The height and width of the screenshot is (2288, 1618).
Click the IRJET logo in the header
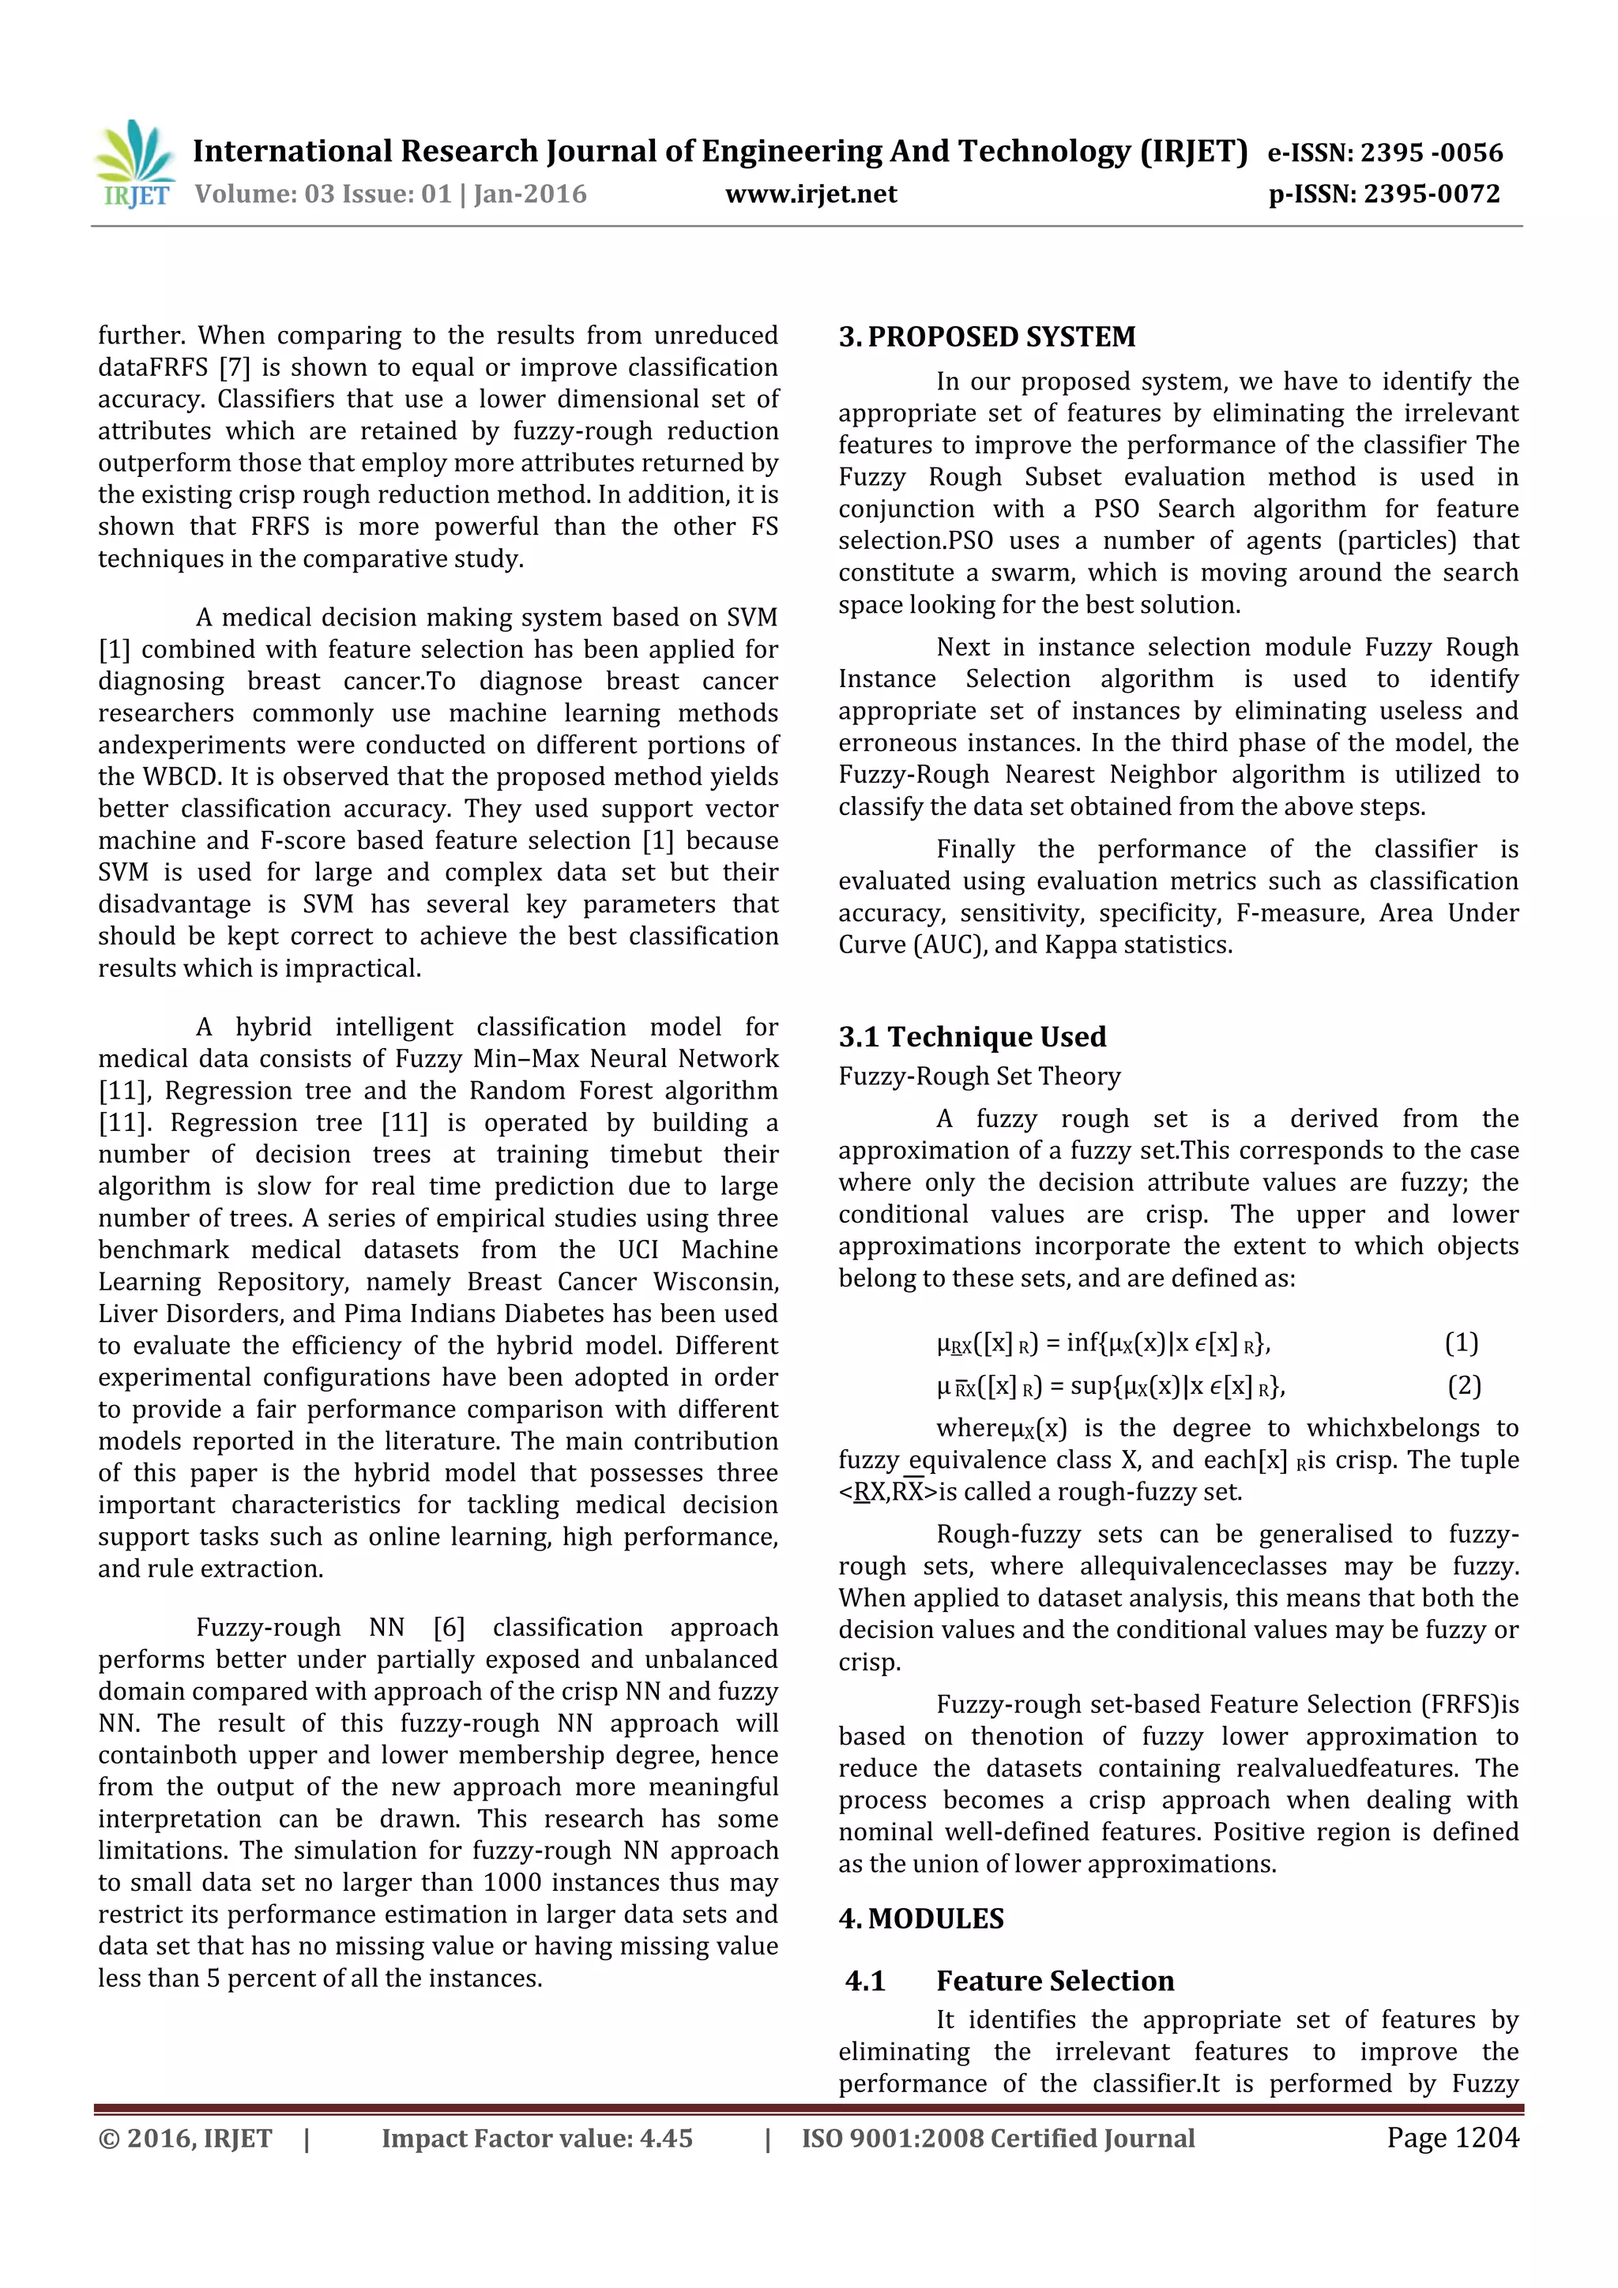[x=134, y=164]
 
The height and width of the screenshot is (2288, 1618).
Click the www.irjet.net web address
[x=811, y=194]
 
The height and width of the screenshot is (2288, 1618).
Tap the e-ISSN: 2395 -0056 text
[x=1385, y=152]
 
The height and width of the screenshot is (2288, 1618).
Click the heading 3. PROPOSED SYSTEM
[x=987, y=336]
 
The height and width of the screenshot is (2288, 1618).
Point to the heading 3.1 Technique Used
[x=972, y=1036]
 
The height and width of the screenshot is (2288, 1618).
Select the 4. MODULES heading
[x=921, y=1918]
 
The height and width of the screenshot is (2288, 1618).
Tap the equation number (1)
[x=1462, y=1343]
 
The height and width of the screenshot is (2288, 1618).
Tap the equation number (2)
[x=1463, y=1385]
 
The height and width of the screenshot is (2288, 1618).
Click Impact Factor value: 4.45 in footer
[x=536, y=2139]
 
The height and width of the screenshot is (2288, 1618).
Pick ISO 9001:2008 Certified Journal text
[x=998, y=2139]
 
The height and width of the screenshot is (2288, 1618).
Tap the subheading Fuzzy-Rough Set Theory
[x=979, y=1076]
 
